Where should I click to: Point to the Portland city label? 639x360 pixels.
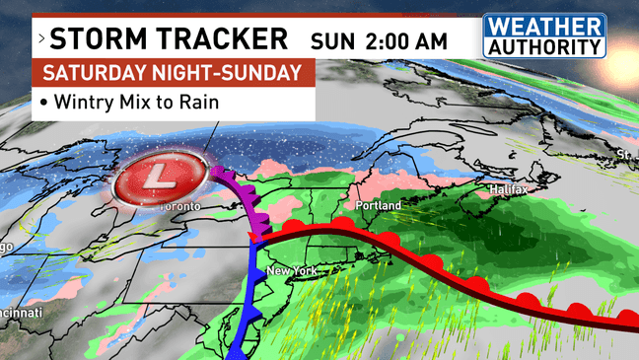tap(379, 205)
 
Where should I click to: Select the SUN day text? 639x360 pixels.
tap(330, 41)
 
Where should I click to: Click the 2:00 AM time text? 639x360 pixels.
tap(404, 41)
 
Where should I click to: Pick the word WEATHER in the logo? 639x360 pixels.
tap(543, 27)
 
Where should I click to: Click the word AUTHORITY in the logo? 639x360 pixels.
tap(543, 45)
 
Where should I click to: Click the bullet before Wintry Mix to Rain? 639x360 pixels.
tap(44, 102)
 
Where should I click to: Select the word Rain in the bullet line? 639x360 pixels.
tap(197, 102)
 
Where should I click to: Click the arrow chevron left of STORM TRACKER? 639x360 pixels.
tap(41, 40)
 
